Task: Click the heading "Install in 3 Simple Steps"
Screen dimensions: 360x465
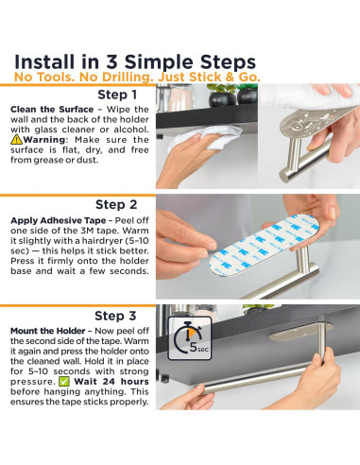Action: point(135,62)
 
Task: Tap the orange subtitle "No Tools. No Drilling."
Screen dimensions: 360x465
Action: point(84,77)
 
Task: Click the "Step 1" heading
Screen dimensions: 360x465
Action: point(117,95)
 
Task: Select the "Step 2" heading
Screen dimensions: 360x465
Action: point(116,204)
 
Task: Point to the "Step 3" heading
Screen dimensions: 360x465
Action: point(115,316)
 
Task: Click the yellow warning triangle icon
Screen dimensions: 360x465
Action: point(16,139)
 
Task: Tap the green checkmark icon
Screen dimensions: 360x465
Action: point(64,382)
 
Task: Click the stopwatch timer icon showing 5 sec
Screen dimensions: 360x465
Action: point(190,338)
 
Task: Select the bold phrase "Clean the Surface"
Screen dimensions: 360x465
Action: point(52,110)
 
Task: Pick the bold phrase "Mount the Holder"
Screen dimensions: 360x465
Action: point(48,331)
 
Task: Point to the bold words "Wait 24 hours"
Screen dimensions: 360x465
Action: point(111,382)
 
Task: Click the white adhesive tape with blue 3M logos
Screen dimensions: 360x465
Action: point(264,245)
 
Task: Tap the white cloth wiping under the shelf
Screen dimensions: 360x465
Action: point(205,138)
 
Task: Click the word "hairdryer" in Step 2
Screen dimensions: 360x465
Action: point(102,241)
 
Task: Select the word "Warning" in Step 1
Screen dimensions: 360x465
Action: point(44,140)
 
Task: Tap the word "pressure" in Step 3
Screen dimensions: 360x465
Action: point(32,382)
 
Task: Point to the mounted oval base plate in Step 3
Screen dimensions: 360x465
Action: point(300,332)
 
